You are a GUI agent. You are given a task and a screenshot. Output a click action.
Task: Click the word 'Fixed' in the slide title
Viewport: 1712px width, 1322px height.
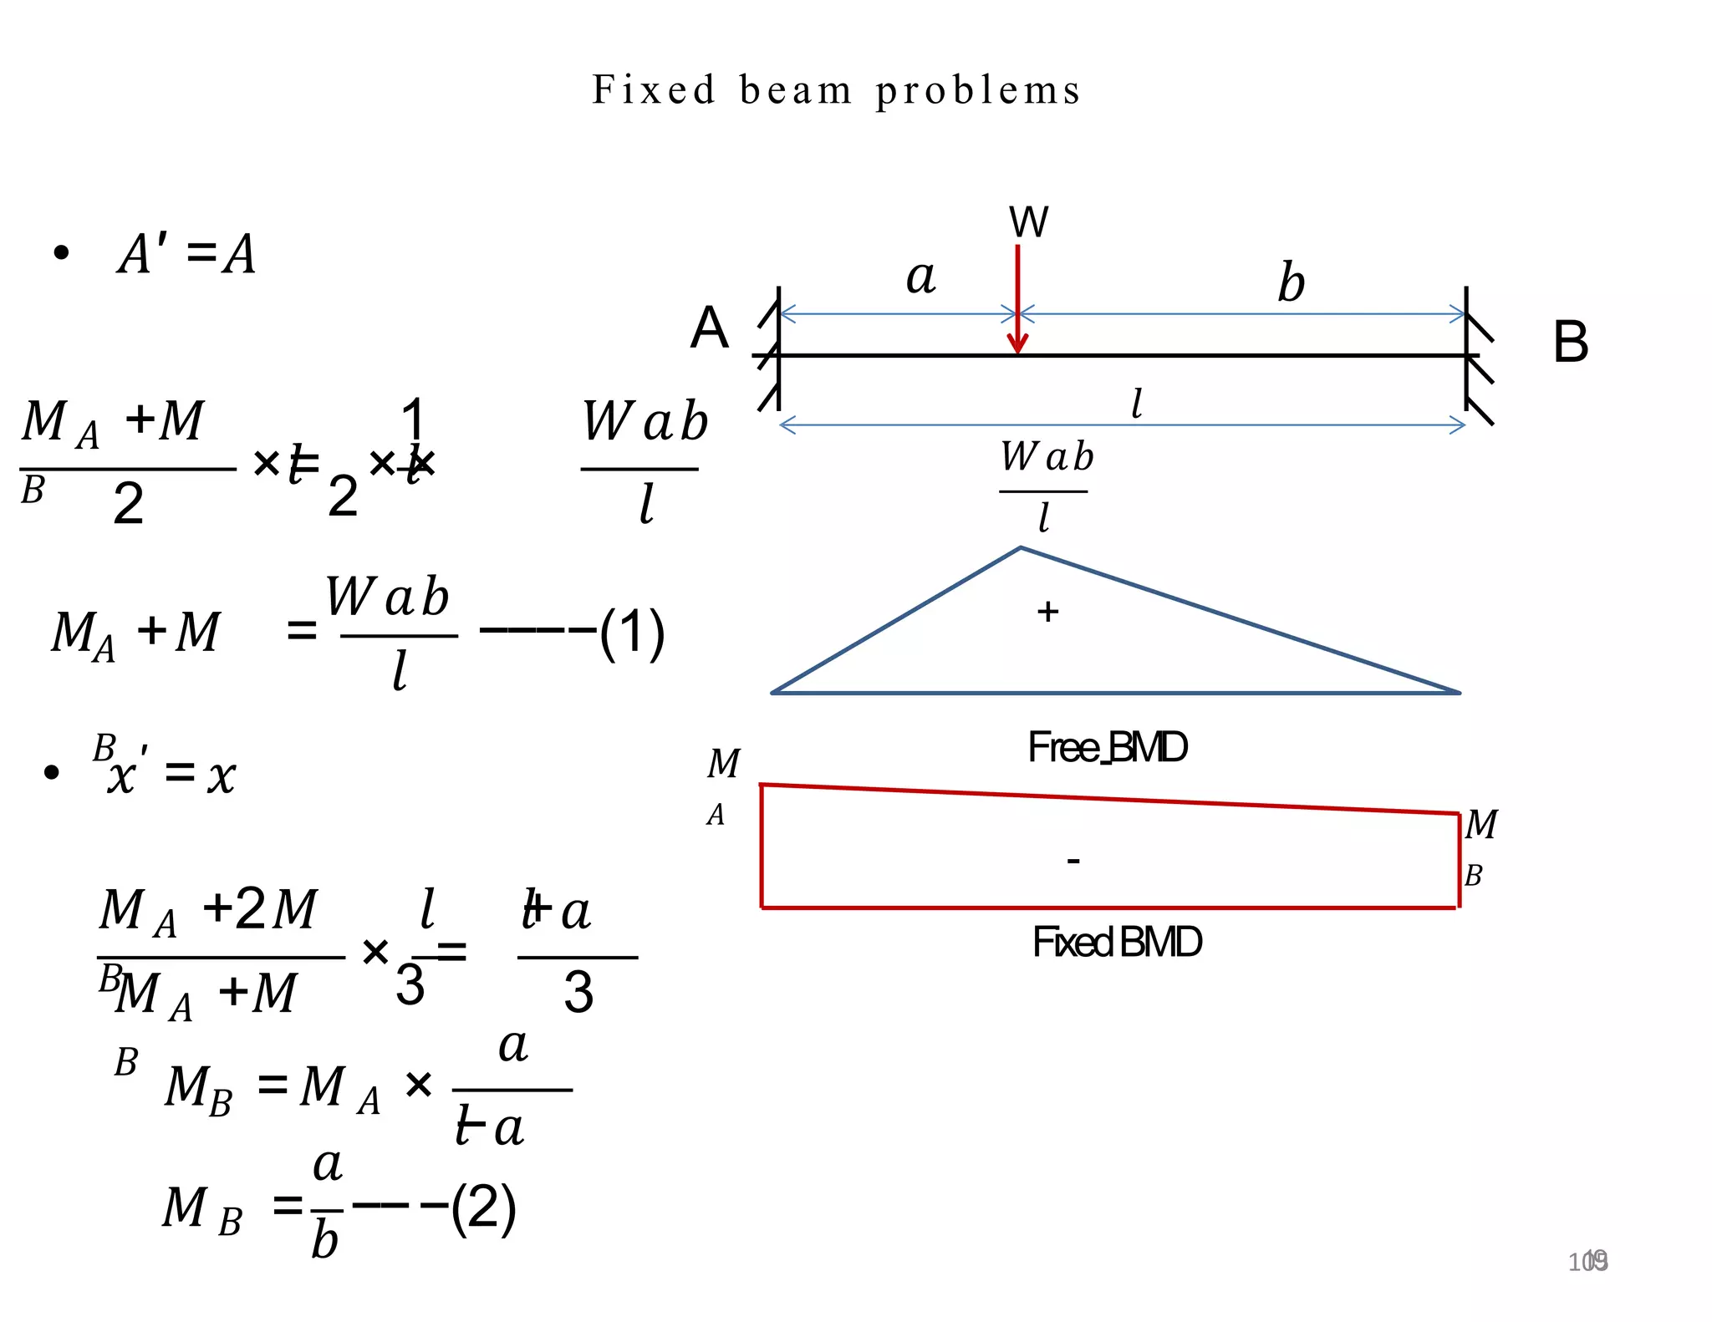[x=654, y=90]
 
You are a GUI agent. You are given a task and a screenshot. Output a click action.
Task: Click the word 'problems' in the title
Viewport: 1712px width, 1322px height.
[x=978, y=90]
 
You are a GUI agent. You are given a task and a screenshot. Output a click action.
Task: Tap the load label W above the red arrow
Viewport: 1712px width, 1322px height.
[x=1028, y=222]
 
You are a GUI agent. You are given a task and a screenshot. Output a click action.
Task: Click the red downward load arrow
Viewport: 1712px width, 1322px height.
[x=1017, y=301]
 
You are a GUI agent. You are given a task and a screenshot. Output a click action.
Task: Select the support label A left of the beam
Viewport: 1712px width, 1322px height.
[x=709, y=328]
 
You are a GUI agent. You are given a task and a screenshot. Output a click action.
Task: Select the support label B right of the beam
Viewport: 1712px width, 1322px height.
[x=1570, y=342]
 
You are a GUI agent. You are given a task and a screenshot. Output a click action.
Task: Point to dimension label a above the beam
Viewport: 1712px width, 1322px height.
[x=920, y=277]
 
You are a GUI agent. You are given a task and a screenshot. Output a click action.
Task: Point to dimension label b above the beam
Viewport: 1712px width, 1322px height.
[x=1291, y=282]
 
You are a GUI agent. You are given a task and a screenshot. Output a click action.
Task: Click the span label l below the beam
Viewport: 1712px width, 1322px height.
[x=1136, y=404]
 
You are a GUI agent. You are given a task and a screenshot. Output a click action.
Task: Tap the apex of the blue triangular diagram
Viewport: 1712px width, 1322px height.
[x=1021, y=548]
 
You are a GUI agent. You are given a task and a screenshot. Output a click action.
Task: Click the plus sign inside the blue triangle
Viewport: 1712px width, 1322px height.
[x=1047, y=612]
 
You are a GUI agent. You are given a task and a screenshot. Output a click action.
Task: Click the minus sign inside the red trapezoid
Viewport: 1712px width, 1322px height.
[x=1073, y=860]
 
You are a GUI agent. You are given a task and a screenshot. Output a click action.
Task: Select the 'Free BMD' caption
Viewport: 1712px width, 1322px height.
[x=1107, y=747]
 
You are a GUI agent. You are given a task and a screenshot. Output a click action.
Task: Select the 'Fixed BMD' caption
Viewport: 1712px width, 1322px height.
[x=1117, y=942]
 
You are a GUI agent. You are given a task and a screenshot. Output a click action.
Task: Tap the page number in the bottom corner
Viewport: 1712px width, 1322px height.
[x=1587, y=1261]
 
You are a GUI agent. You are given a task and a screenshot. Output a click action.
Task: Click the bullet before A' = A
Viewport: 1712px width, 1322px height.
[x=61, y=253]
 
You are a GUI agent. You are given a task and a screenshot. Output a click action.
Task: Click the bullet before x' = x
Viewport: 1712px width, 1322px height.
[x=52, y=772]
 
